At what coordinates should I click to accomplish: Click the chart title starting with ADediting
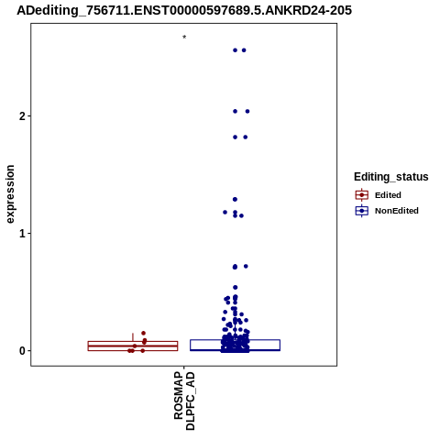click(184, 10)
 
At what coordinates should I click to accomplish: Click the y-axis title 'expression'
click(10, 194)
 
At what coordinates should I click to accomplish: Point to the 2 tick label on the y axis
click(22, 116)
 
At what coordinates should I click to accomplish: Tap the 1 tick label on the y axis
click(22, 234)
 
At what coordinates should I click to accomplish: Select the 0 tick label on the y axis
click(22, 351)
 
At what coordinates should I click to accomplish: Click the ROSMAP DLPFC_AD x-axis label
click(184, 401)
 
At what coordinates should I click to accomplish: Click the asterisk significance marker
click(184, 38)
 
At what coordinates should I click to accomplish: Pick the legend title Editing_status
click(391, 177)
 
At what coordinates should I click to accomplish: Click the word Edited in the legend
click(388, 195)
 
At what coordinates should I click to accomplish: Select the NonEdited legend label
click(397, 211)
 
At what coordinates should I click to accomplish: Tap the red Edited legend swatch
click(362, 195)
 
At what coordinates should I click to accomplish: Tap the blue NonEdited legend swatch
click(362, 211)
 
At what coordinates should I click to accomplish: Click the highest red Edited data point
click(143, 333)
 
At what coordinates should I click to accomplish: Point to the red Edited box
click(133, 342)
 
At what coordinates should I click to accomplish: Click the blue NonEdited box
click(236, 340)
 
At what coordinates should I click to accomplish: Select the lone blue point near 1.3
click(235, 200)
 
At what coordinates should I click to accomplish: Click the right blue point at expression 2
click(247, 112)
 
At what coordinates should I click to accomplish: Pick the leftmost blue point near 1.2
click(225, 212)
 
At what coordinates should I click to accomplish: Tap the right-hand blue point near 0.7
click(246, 267)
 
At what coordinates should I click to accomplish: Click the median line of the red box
click(133, 346)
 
